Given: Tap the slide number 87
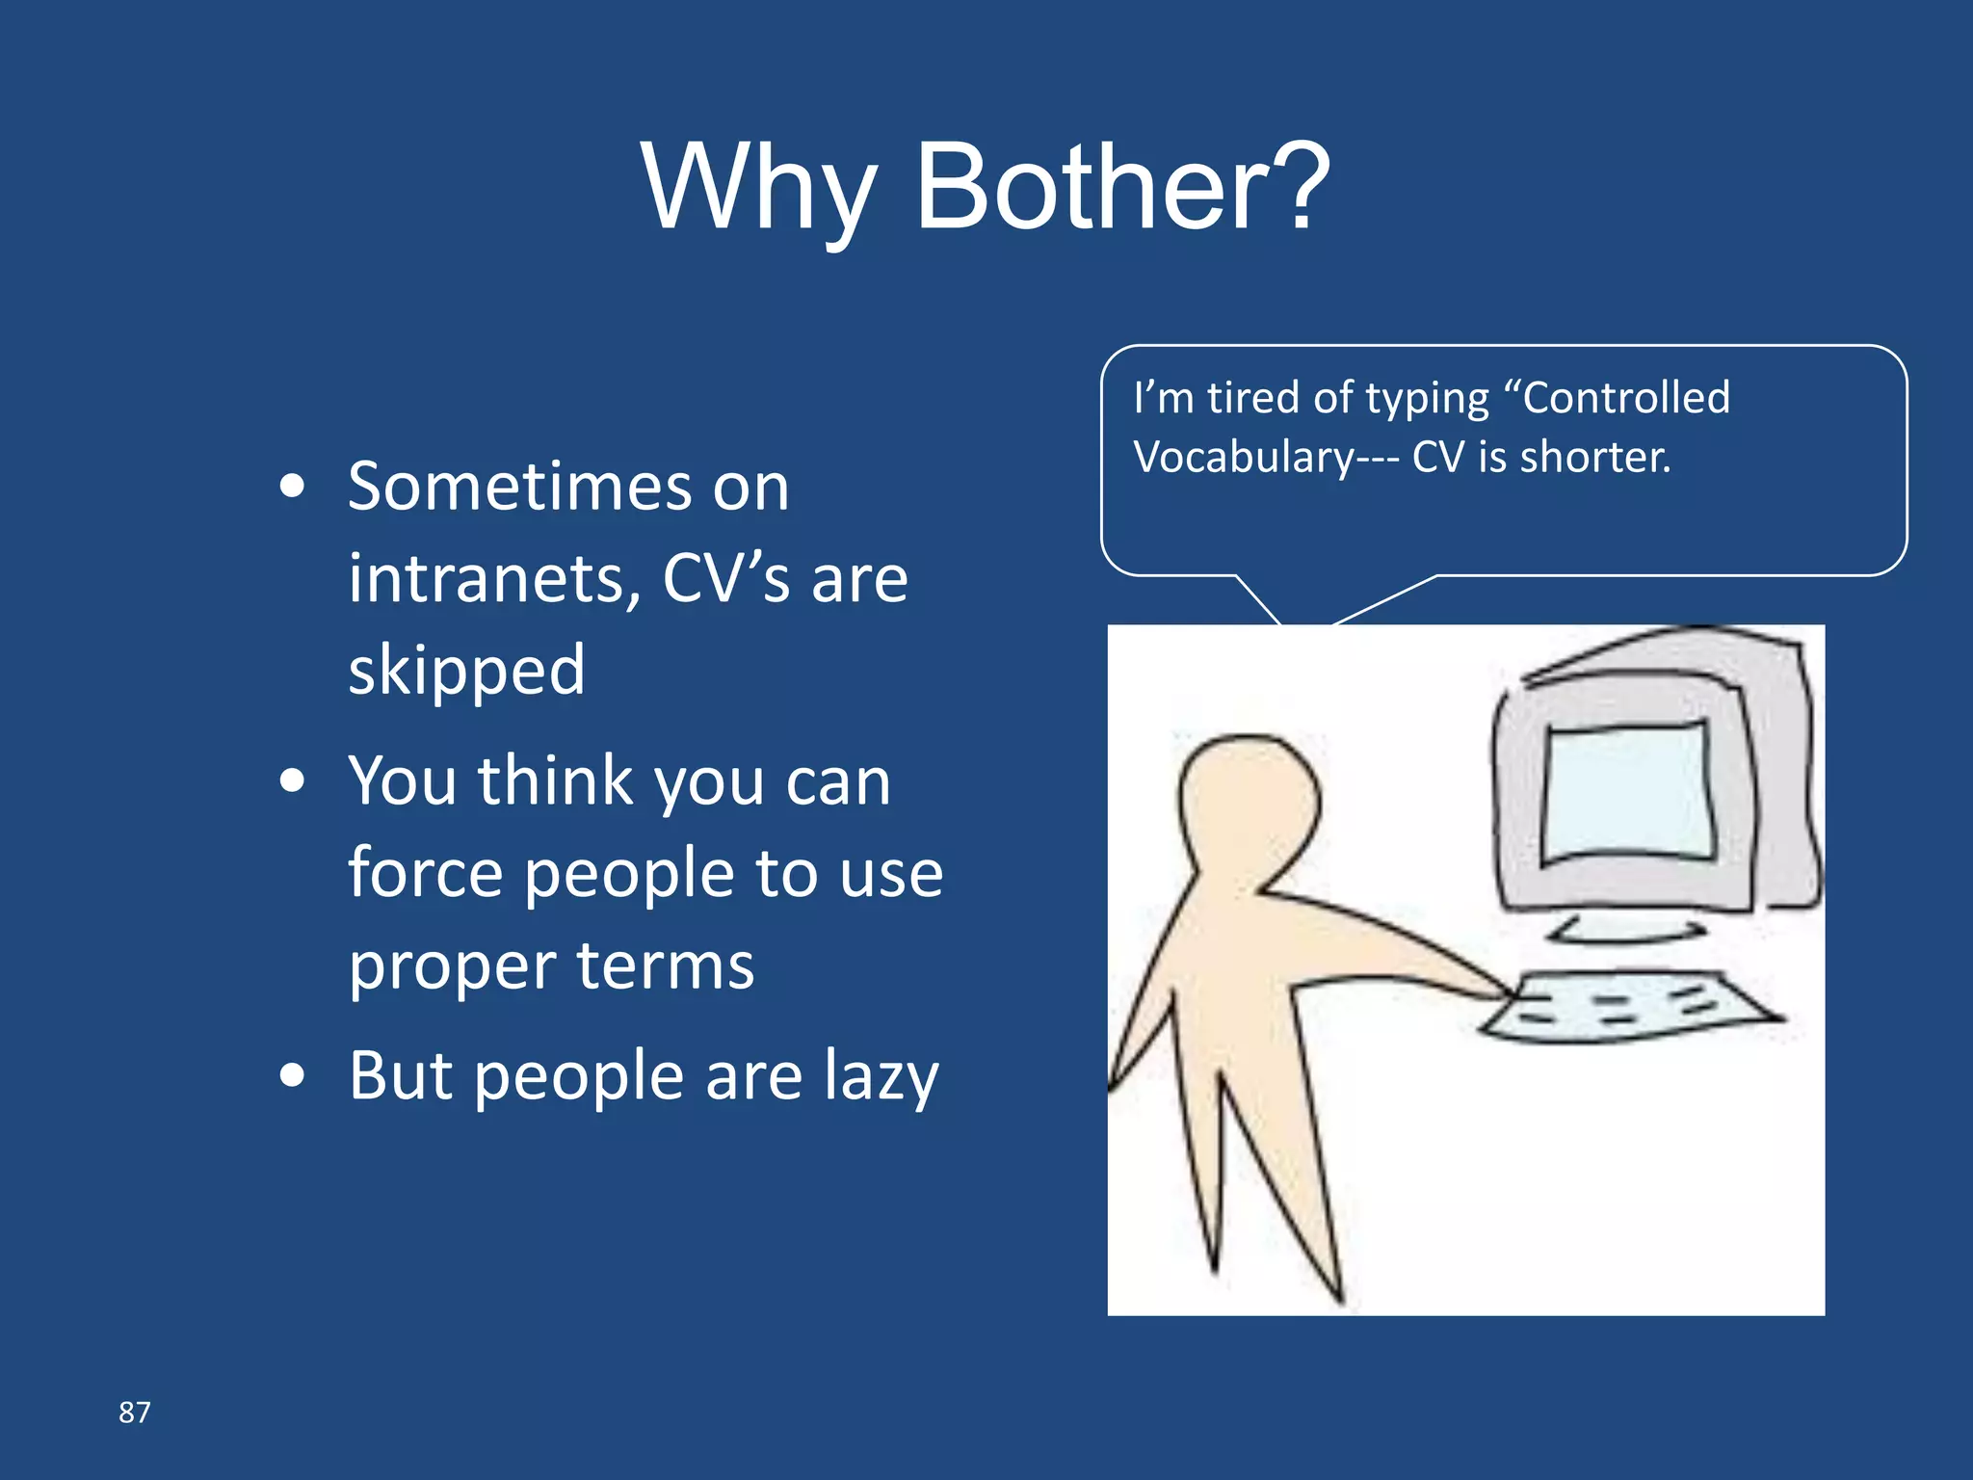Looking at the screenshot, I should pos(134,1413).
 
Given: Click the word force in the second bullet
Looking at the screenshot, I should pos(425,873).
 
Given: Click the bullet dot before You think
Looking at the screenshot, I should pos(292,780).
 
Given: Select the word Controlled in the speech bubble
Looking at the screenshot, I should pos(1626,398).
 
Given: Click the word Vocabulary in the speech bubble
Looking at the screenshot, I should pos(1244,457).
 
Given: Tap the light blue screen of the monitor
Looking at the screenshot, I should pos(1628,790).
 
